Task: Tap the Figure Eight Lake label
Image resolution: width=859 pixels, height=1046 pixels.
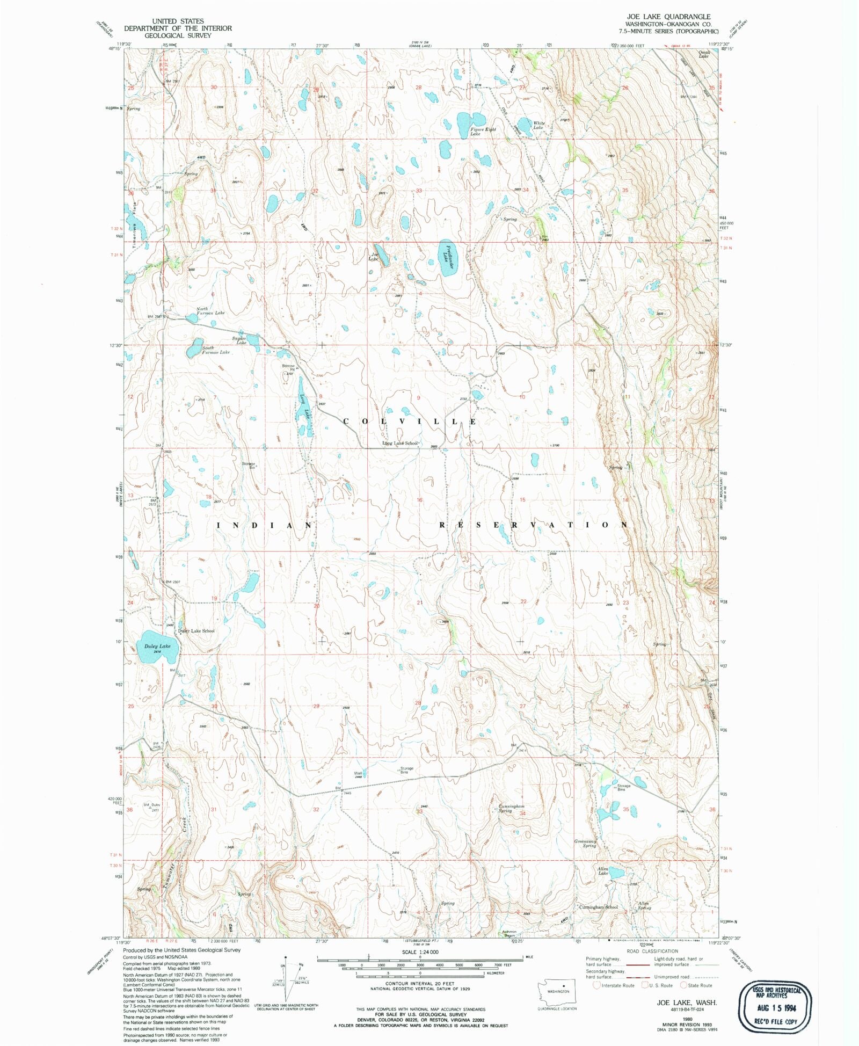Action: click(x=483, y=132)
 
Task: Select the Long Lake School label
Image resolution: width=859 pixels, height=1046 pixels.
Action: click(x=399, y=444)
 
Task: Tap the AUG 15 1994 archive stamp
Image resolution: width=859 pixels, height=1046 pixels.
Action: click(x=775, y=1008)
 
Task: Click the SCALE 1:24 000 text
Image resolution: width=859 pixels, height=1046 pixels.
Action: click(x=420, y=951)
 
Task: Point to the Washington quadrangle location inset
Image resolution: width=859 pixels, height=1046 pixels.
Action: click(x=557, y=992)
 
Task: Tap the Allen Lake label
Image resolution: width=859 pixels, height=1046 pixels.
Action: click(x=603, y=870)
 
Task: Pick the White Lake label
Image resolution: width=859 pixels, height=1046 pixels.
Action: click(x=538, y=125)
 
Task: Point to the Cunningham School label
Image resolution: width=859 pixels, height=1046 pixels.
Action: click(x=598, y=907)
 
